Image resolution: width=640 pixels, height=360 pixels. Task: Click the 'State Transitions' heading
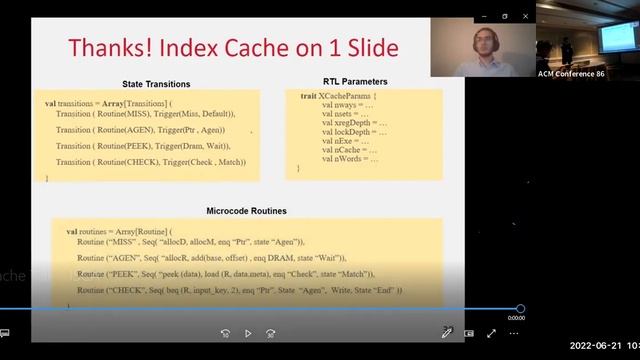[155, 84]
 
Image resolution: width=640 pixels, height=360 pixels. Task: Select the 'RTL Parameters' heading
[356, 81]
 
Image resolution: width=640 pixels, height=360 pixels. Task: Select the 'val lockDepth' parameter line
[355, 132]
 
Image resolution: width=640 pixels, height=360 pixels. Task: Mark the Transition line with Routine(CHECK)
[150, 162]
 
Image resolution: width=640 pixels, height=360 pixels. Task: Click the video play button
[247, 333]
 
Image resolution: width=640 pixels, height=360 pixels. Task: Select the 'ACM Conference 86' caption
[573, 74]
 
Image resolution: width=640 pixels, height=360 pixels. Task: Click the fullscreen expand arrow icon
[491, 333]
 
